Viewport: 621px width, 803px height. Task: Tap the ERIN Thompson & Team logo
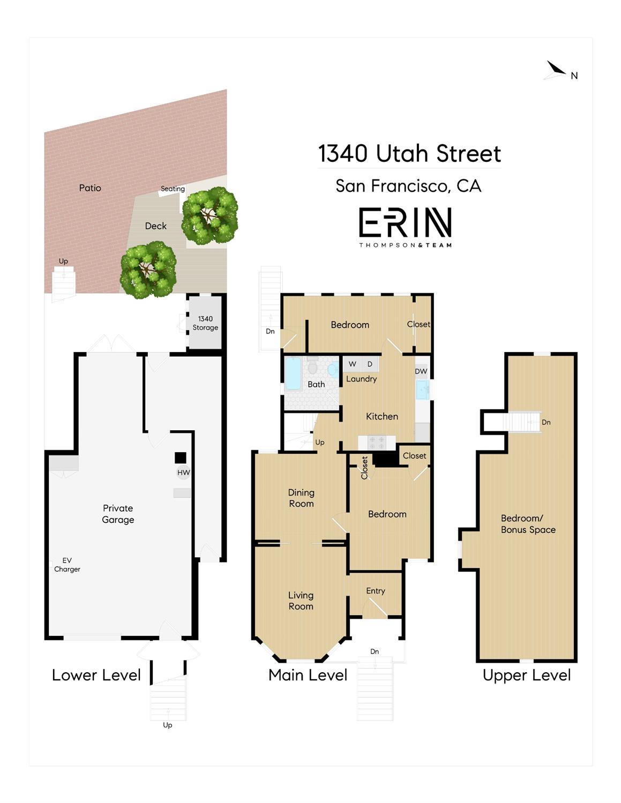click(x=405, y=227)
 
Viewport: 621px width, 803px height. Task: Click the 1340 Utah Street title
click(x=409, y=154)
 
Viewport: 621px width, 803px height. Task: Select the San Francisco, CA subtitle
click(x=408, y=186)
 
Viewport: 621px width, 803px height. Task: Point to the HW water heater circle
click(x=183, y=472)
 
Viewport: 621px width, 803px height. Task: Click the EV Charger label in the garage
click(x=67, y=565)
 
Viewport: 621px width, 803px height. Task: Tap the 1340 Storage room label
click(x=205, y=323)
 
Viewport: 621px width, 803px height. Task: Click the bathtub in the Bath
click(x=294, y=373)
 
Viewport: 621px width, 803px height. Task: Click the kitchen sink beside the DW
click(x=423, y=389)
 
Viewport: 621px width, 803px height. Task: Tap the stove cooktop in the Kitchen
click(x=377, y=442)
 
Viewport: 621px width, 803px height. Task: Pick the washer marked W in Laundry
click(x=352, y=364)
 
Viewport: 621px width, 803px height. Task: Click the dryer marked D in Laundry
click(x=370, y=364)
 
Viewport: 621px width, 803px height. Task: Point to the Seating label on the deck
click(x=173, y=189)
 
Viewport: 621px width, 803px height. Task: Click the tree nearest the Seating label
click(x=209, y=215)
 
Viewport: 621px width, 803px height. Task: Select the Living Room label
click(x=301, y=601)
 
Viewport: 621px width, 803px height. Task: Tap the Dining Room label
click(x=301, y=498)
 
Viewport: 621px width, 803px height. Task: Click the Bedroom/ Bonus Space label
click(x=528, y=524)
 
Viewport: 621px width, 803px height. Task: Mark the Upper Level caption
click(x=526, y=675)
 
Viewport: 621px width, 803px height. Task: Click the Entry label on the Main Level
click(x=376, y=591)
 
